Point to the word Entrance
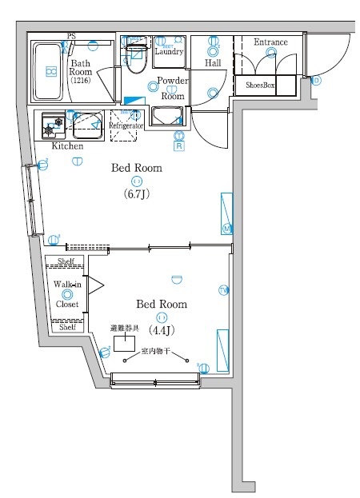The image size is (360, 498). pos(270,42)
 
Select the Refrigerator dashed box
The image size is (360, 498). pos(126,125)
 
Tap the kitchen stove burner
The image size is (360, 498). pos(53,124)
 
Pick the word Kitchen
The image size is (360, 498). pos(67,146)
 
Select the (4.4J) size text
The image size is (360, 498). pos(162,329)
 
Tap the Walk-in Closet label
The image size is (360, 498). pos(66,293)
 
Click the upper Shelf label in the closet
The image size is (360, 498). pos(66,261)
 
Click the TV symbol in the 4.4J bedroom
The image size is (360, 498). pos(223,289)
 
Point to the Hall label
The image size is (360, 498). pos(213,62)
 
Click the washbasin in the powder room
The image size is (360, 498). pos(167,118)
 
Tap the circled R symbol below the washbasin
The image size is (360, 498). pos(179,145)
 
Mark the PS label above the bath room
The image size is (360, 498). pos(72,36)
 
